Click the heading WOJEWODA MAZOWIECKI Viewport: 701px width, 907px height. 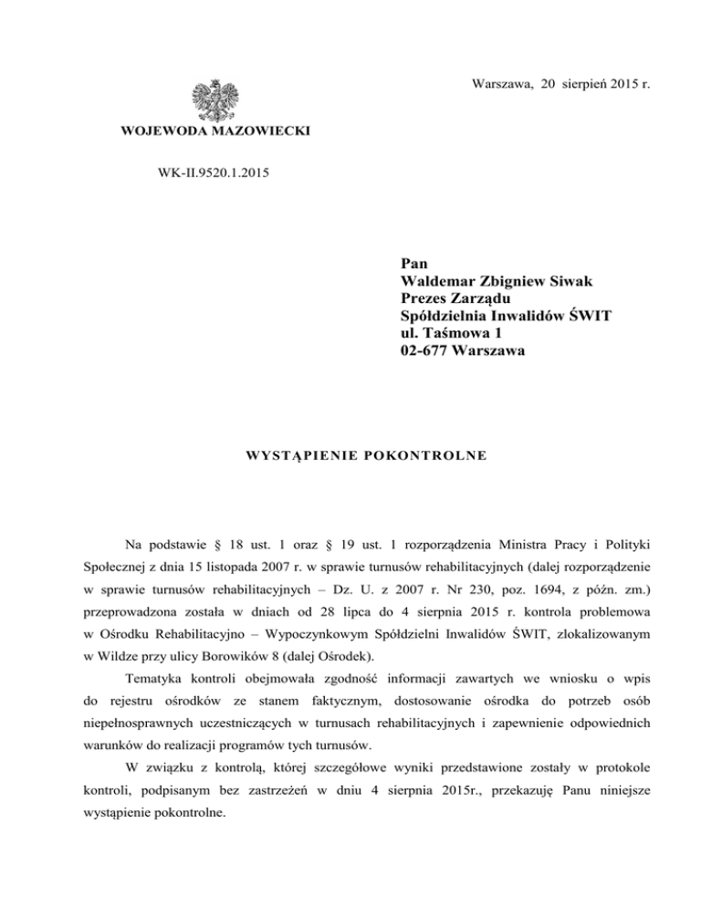(215, 132)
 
